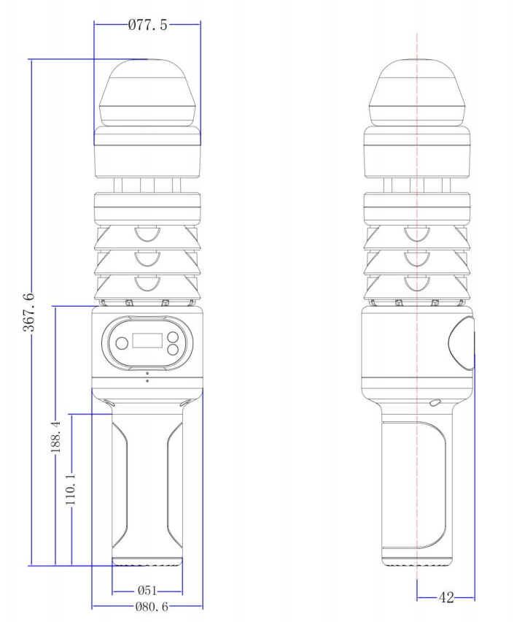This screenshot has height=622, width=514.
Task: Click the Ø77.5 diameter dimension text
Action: pos(147,26)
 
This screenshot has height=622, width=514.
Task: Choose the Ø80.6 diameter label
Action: pos(147,606)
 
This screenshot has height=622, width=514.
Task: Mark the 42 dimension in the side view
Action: pos(445,598)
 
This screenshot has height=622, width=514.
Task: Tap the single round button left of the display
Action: pos(121,342)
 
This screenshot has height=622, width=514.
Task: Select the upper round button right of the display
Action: pos(173,337)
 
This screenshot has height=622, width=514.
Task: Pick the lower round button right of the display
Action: pos(173,349)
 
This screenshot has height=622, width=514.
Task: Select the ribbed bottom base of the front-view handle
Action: pos(147,562)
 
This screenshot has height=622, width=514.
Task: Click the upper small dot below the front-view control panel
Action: pos(147,374)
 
